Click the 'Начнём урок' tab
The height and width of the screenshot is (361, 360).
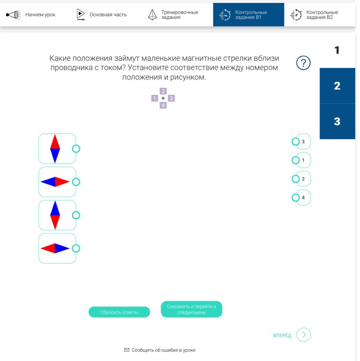(33, 15)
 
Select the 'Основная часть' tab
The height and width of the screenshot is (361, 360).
(102, 15)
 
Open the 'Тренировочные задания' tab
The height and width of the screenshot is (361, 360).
(174, 15)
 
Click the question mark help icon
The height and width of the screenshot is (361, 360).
(303, 63)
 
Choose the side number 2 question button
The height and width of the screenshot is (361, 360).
(337, 86)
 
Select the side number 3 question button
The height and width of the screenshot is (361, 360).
(337, 121)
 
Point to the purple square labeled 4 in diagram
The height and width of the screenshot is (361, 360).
(163, 105)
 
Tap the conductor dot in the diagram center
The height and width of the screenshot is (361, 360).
(163, 98)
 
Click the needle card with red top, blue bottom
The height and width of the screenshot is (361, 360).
(57, 149)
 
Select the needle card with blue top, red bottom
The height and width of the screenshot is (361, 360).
(57, 215)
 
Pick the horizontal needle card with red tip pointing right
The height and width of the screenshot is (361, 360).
(57, 182)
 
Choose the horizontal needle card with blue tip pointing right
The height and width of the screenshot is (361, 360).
(57, 248)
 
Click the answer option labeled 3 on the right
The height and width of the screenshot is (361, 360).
(303, 141)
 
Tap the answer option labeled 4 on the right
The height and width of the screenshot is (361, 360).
(303, 198)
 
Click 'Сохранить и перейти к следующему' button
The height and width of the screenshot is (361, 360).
(191, 309)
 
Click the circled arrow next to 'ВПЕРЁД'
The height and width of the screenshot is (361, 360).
(304, 335)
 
